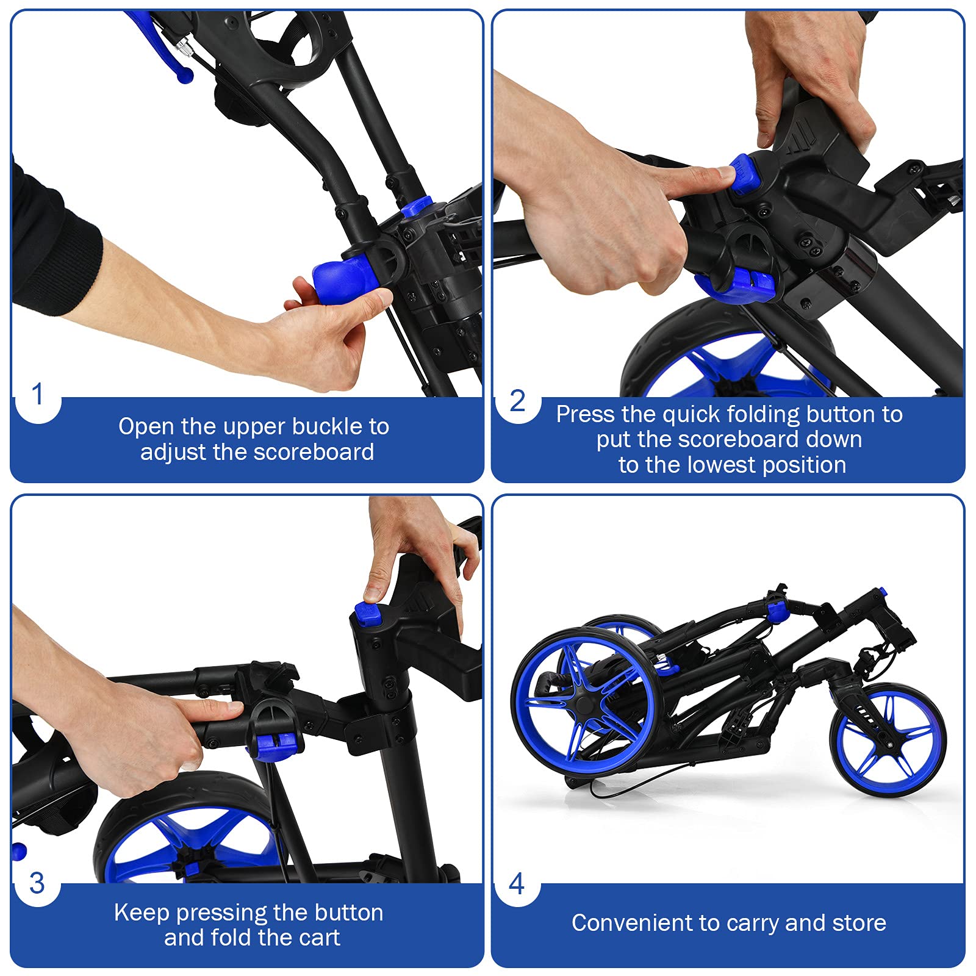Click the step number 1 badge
point(38,395)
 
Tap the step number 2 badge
point(517,401)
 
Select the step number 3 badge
point(37,883)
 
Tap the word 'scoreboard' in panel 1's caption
point(314,452)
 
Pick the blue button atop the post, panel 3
point(368,614)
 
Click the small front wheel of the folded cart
point(888,740)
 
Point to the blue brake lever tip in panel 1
point(184,75)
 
